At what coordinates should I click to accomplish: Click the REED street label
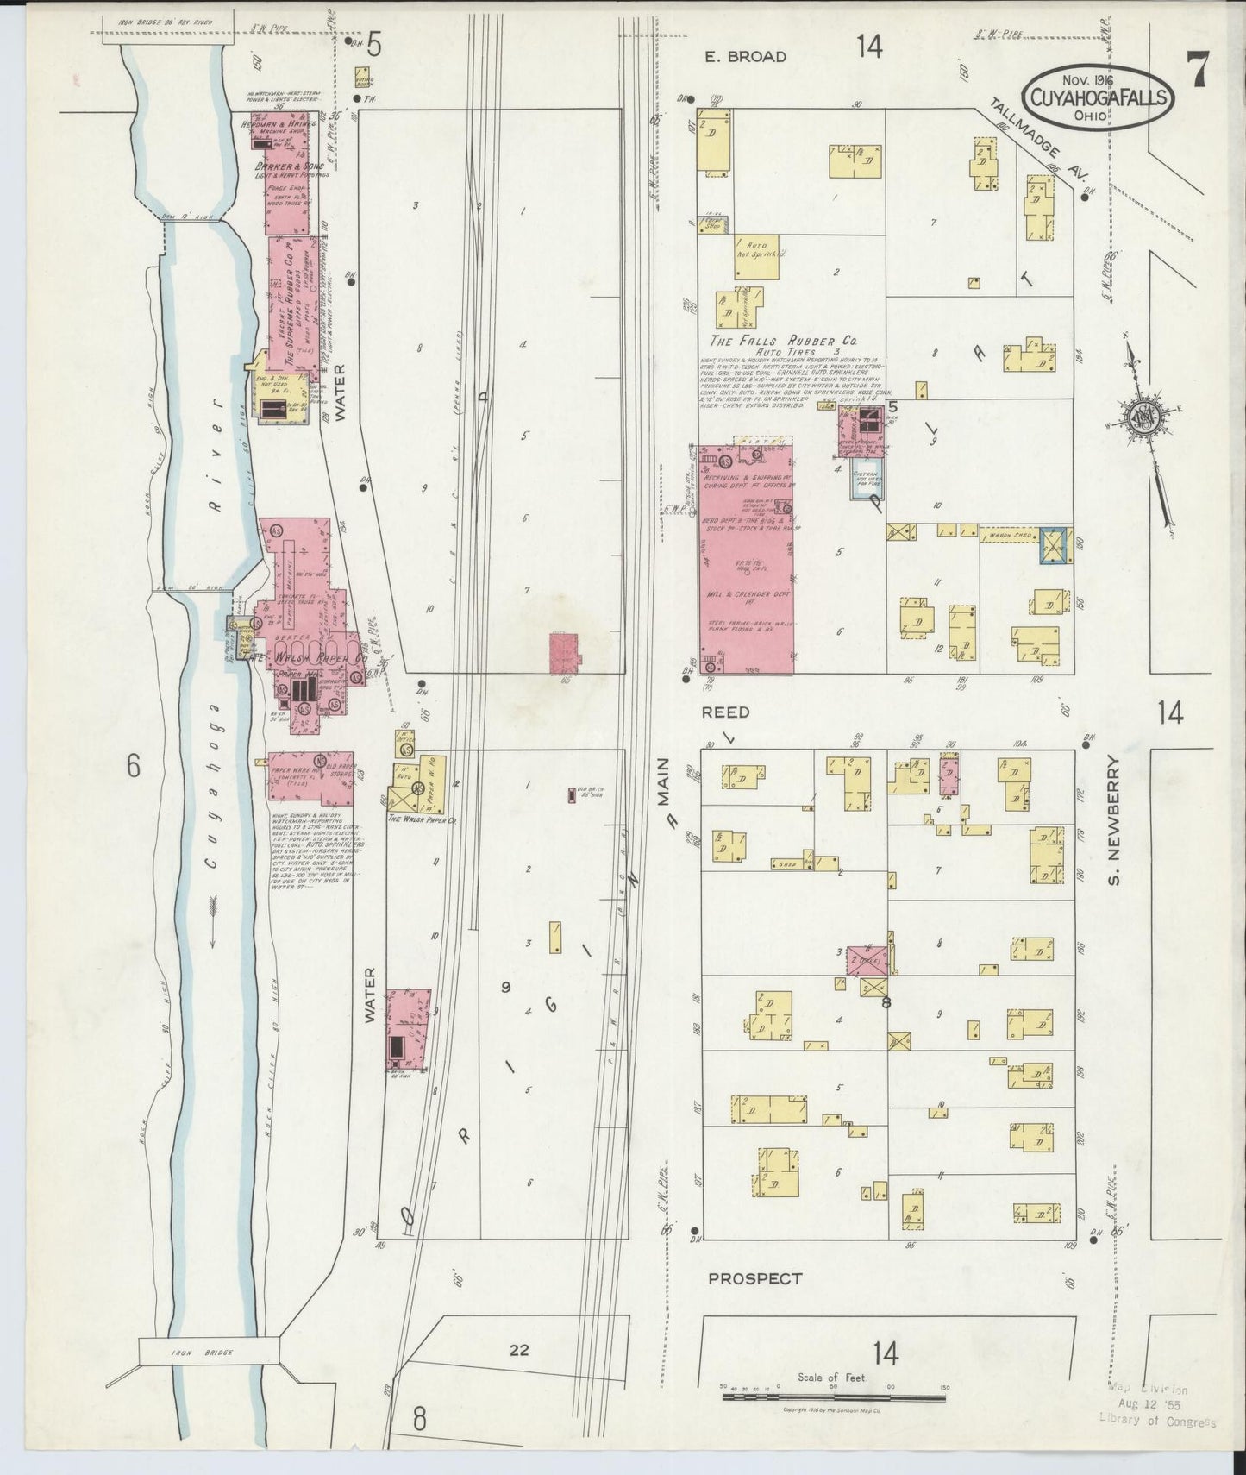[x=725, y=712]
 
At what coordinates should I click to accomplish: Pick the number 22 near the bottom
[x=518, y=1351]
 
